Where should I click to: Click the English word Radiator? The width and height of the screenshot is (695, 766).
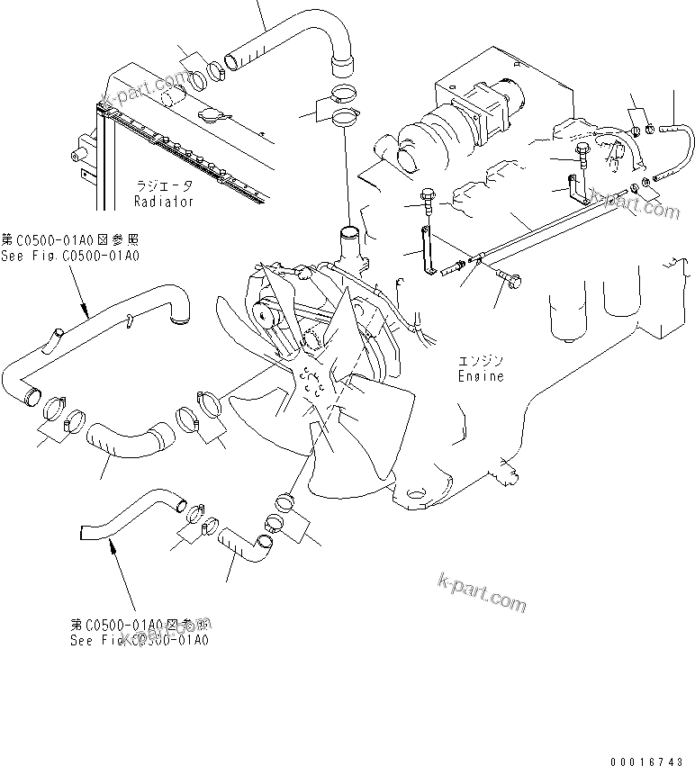point(163,203)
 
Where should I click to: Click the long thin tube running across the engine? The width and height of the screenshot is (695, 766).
point(549,229)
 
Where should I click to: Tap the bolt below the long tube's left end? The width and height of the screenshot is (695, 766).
point(510,278)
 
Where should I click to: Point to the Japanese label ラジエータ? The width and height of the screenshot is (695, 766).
point(163,186)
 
